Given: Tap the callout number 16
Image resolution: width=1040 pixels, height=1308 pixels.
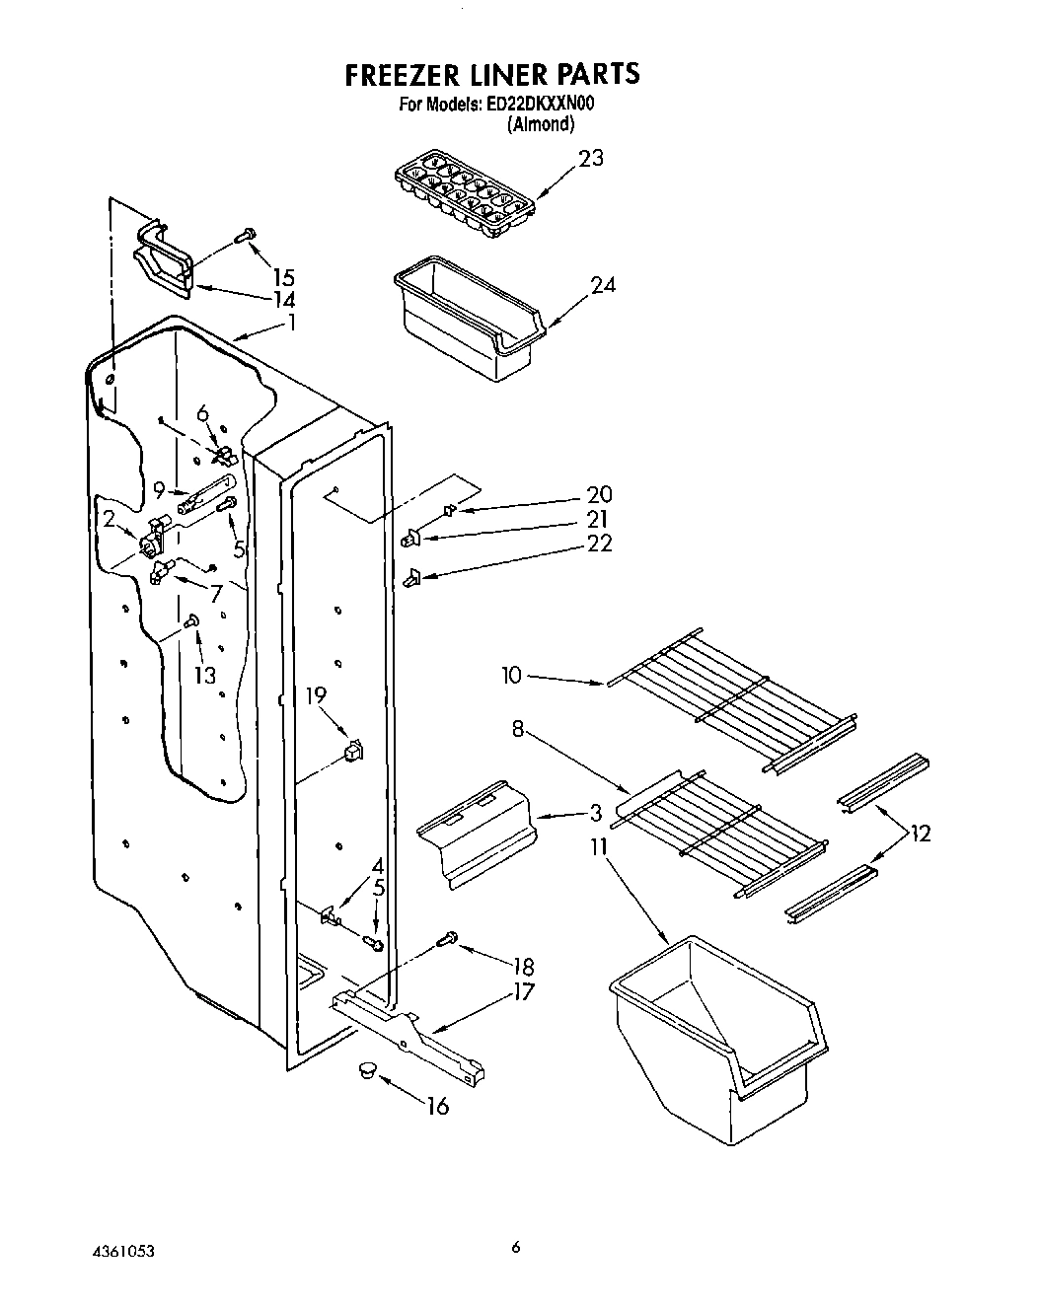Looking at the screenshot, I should [436, 1107].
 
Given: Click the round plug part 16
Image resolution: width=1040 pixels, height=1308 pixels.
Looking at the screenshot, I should [368, 1070].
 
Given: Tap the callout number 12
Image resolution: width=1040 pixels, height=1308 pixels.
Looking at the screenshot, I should [921, 835].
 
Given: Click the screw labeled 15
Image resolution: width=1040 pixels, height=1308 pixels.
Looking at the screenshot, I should [245, 235].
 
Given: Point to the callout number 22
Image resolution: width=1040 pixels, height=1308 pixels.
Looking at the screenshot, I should [600, 543].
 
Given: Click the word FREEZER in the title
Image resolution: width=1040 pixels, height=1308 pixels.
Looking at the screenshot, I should [404, 74].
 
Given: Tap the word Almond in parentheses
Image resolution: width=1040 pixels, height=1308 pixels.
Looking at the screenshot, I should [540, 124].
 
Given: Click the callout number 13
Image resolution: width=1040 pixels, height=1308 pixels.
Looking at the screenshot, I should [204, 676].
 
